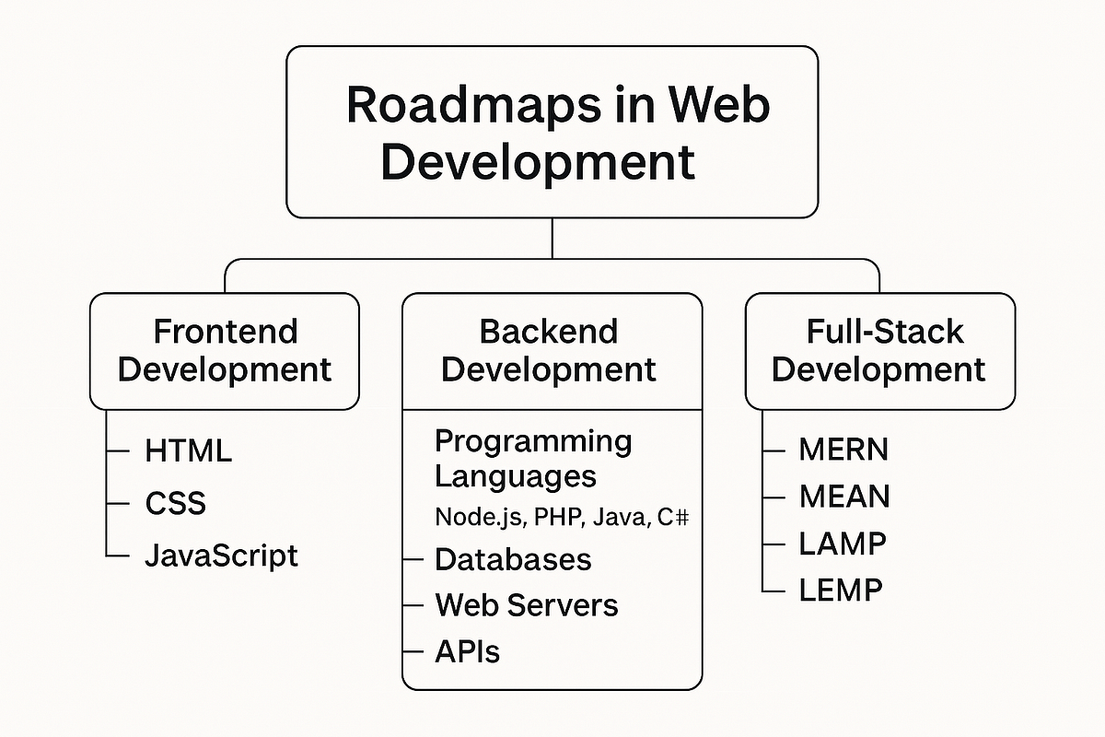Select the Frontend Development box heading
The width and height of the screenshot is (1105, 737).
(x=225, y=350)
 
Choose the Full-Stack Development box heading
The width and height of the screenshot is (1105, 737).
(x=879, y=350)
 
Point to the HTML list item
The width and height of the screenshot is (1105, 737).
(x=189, y=450)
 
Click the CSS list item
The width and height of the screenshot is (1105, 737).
(x=175, y=503)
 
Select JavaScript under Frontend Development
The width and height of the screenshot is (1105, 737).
(x=221, y=556)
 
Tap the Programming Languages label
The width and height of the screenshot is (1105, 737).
(x=532, y=459)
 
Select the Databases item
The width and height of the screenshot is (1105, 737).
(x=513, y=559)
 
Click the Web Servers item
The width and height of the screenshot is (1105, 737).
(x=526, y=605)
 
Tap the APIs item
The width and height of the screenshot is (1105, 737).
(x=467, y=652)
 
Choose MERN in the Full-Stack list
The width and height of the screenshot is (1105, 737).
(x=843, y=450)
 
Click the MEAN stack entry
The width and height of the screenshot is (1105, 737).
(x=843, y=497)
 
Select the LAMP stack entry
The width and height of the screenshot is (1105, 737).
(x=842, y=543)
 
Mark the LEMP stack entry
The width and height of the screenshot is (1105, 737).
(x=840, y=589)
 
